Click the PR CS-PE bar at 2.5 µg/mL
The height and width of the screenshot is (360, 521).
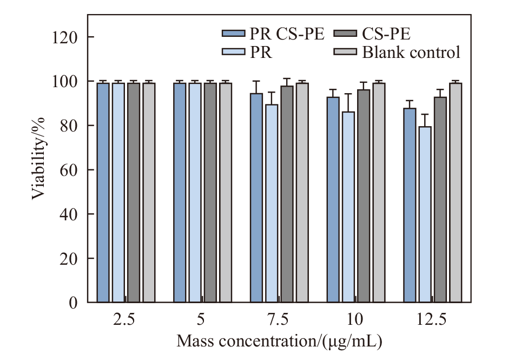(x=103, y=192)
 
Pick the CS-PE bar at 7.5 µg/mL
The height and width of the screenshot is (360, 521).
(x=287, y=194)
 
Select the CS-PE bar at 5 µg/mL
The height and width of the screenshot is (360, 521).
(x=210, y=192)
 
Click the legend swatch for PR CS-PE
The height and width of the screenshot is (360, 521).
(x=233, y=34)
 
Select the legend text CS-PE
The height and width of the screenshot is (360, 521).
(x=386, y=34)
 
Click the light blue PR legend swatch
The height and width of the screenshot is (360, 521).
(x=233, y=53)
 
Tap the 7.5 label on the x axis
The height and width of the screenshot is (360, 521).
(x=278, y=320)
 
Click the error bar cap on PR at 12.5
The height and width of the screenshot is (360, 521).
(x=425, y=114)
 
